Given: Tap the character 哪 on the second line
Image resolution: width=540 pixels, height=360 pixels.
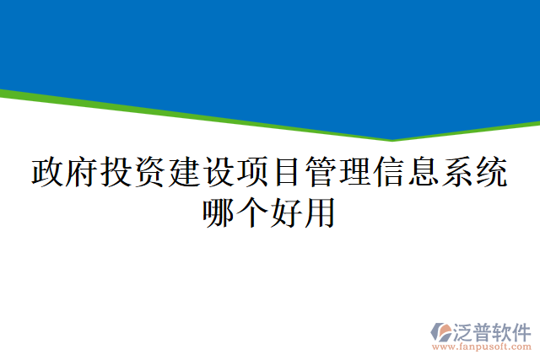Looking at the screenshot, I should click(x=219, y=211).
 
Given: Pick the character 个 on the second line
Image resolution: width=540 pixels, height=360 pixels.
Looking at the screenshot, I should click(x=253, y=211).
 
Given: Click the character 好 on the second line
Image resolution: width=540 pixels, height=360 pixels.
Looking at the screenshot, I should click(x=287, y=211).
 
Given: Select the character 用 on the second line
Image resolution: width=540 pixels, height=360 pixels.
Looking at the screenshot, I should click(x=321, y=211).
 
